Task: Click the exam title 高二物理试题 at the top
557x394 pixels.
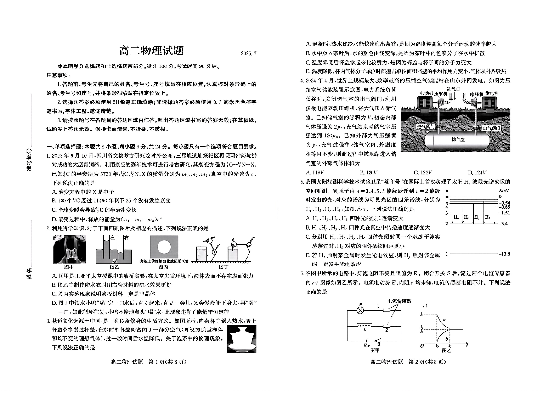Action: coord(152,51)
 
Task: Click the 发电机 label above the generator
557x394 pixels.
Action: coord(492,93)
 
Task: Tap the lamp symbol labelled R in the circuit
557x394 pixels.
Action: coord(361,310)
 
